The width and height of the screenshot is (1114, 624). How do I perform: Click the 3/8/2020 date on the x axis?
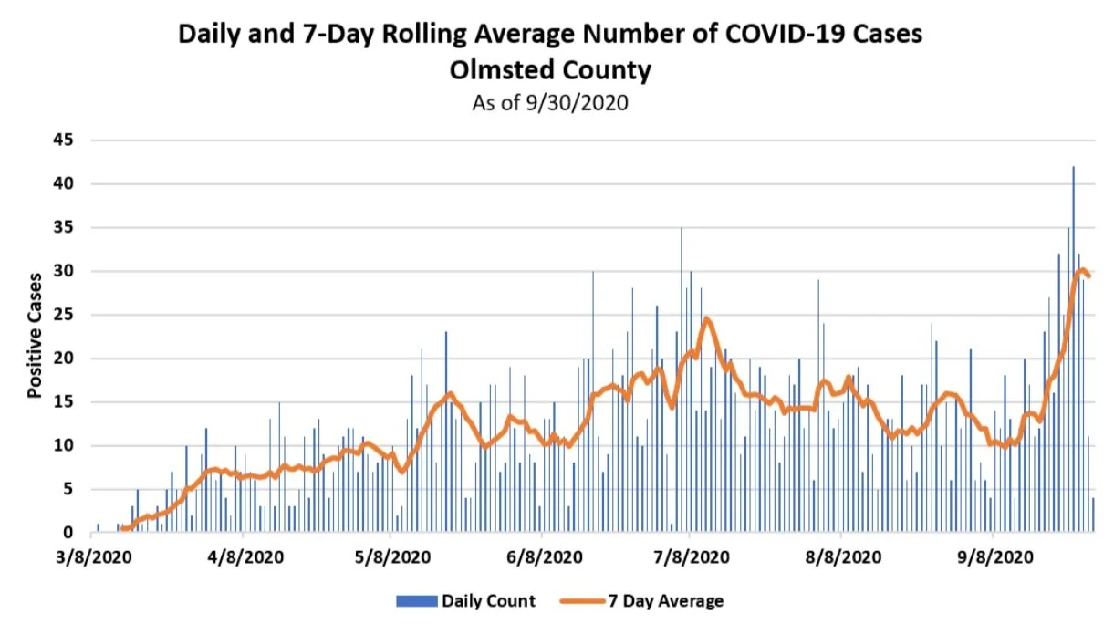pos(91,556)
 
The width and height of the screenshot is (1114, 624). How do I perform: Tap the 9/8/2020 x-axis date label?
pos(994,556)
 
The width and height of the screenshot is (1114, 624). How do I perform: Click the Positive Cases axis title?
pos(35,336)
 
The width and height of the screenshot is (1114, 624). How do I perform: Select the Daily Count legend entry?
pos(488,600)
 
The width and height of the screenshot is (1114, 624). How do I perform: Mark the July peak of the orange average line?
pos(706,319)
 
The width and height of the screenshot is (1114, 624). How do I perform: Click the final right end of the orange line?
pos(1088,276)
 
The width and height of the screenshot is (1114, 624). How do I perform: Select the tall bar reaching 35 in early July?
pos(681,383)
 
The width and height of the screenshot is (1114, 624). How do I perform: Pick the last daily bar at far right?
pos(1093,515)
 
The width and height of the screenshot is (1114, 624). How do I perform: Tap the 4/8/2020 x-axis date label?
pos(242,556)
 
